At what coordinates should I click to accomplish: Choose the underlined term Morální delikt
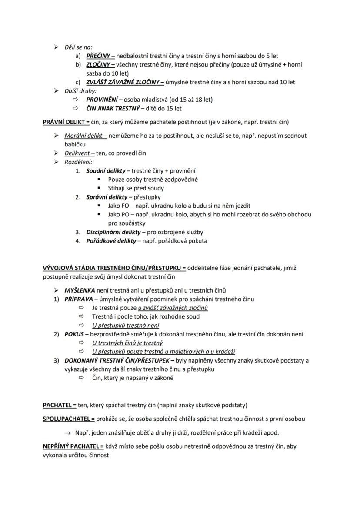[x=83, y=136]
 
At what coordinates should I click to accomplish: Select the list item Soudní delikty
[x=106, y=170]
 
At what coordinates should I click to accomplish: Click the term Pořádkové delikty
[x=111, y=241]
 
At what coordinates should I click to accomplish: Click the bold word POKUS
[x=74, y=334]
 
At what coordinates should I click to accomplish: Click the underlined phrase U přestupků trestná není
[x=126, y=326]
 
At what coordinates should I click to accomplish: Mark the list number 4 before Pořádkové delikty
[x=78, y=241]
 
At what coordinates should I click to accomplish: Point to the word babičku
[x=75, y=144]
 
